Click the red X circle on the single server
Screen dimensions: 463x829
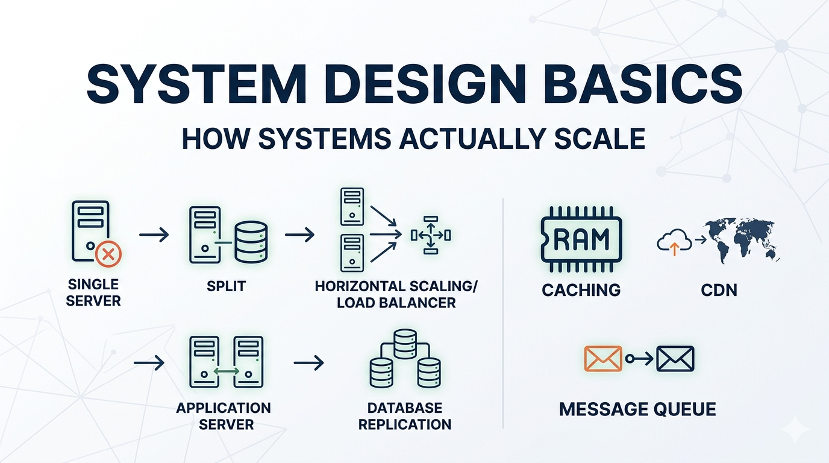point(108,254)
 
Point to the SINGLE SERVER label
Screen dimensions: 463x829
point(93,292)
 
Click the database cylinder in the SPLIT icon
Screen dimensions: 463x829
point(251,242)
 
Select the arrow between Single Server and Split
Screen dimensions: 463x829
point(154,235)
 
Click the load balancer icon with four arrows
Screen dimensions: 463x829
point(431,235)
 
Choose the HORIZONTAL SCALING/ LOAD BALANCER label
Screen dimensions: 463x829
point(396,294)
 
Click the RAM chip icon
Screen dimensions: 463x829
point(581,239)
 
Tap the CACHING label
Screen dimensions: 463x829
point(581,290)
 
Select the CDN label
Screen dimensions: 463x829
point(719,290)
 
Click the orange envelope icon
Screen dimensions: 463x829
point(603,359)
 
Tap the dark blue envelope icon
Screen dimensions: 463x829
point(675,359)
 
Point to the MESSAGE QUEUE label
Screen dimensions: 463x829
point(637,409)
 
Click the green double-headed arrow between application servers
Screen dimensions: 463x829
point(227,371)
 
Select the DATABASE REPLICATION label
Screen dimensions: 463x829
point(404,416)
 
